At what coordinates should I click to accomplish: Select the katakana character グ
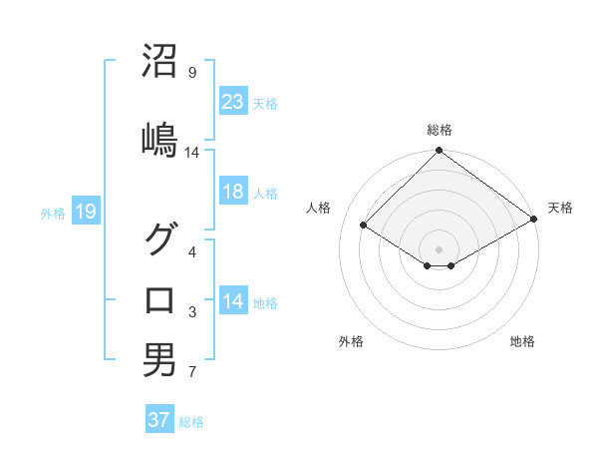pyautogui.click(x=159, y=238)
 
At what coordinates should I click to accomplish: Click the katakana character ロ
pyautogui.click(x=159, y=299)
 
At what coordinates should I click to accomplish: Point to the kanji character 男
pyautogui.click(x=159, y=360)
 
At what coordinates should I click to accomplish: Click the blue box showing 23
pyautogui.click(x=232, y=101)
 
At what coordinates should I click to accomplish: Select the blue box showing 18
pyautogui.click(x=232, y=192)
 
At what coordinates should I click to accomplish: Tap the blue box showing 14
pyautogui.click(x=232, y=301)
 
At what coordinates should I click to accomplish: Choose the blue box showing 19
pyautogui.click(x=85, y=212)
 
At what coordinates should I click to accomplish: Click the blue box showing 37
pyautogui.click(x=158, y=420)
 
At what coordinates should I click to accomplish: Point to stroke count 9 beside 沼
pyautogui.click(x=192, y=73)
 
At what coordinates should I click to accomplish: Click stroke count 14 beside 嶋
pyautogui.click(x=192, y=153)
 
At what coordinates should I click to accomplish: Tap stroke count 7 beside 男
pyautogui.click(x=192, y=373)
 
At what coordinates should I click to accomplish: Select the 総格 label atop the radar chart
pyautogui.click(x=440, y=131)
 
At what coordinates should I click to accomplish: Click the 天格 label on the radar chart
pyautogui.click(x=560, y=208)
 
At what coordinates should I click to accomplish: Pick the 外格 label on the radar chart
pyautogui.click(x=351, y=342)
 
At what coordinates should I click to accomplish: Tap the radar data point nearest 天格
pyautogui.click(x=534, y=220)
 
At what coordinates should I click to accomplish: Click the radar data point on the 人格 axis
pyautogui.click(x=364, y=226)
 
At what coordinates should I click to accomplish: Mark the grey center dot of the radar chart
pyautogui.click(x=440, y=248)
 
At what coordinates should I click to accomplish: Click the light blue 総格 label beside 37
pyautogui.click(x=191, y=422)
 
